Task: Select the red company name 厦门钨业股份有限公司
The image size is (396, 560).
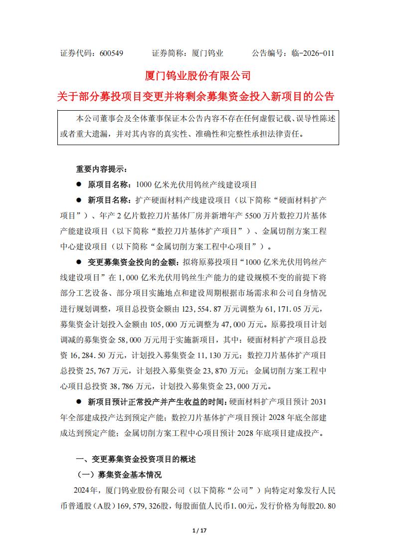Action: click(198, 76)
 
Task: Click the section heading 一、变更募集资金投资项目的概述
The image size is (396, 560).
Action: click(136, 459)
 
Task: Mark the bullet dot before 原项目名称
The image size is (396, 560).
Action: click(78, 184)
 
